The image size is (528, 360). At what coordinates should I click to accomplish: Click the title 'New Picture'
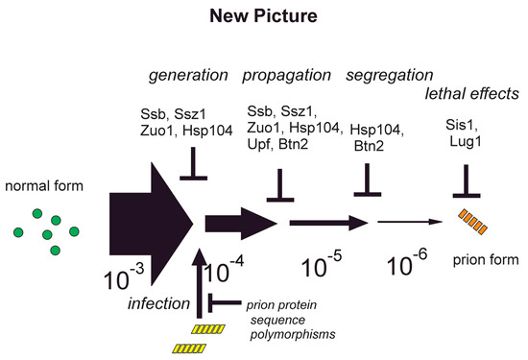point(263,17)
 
